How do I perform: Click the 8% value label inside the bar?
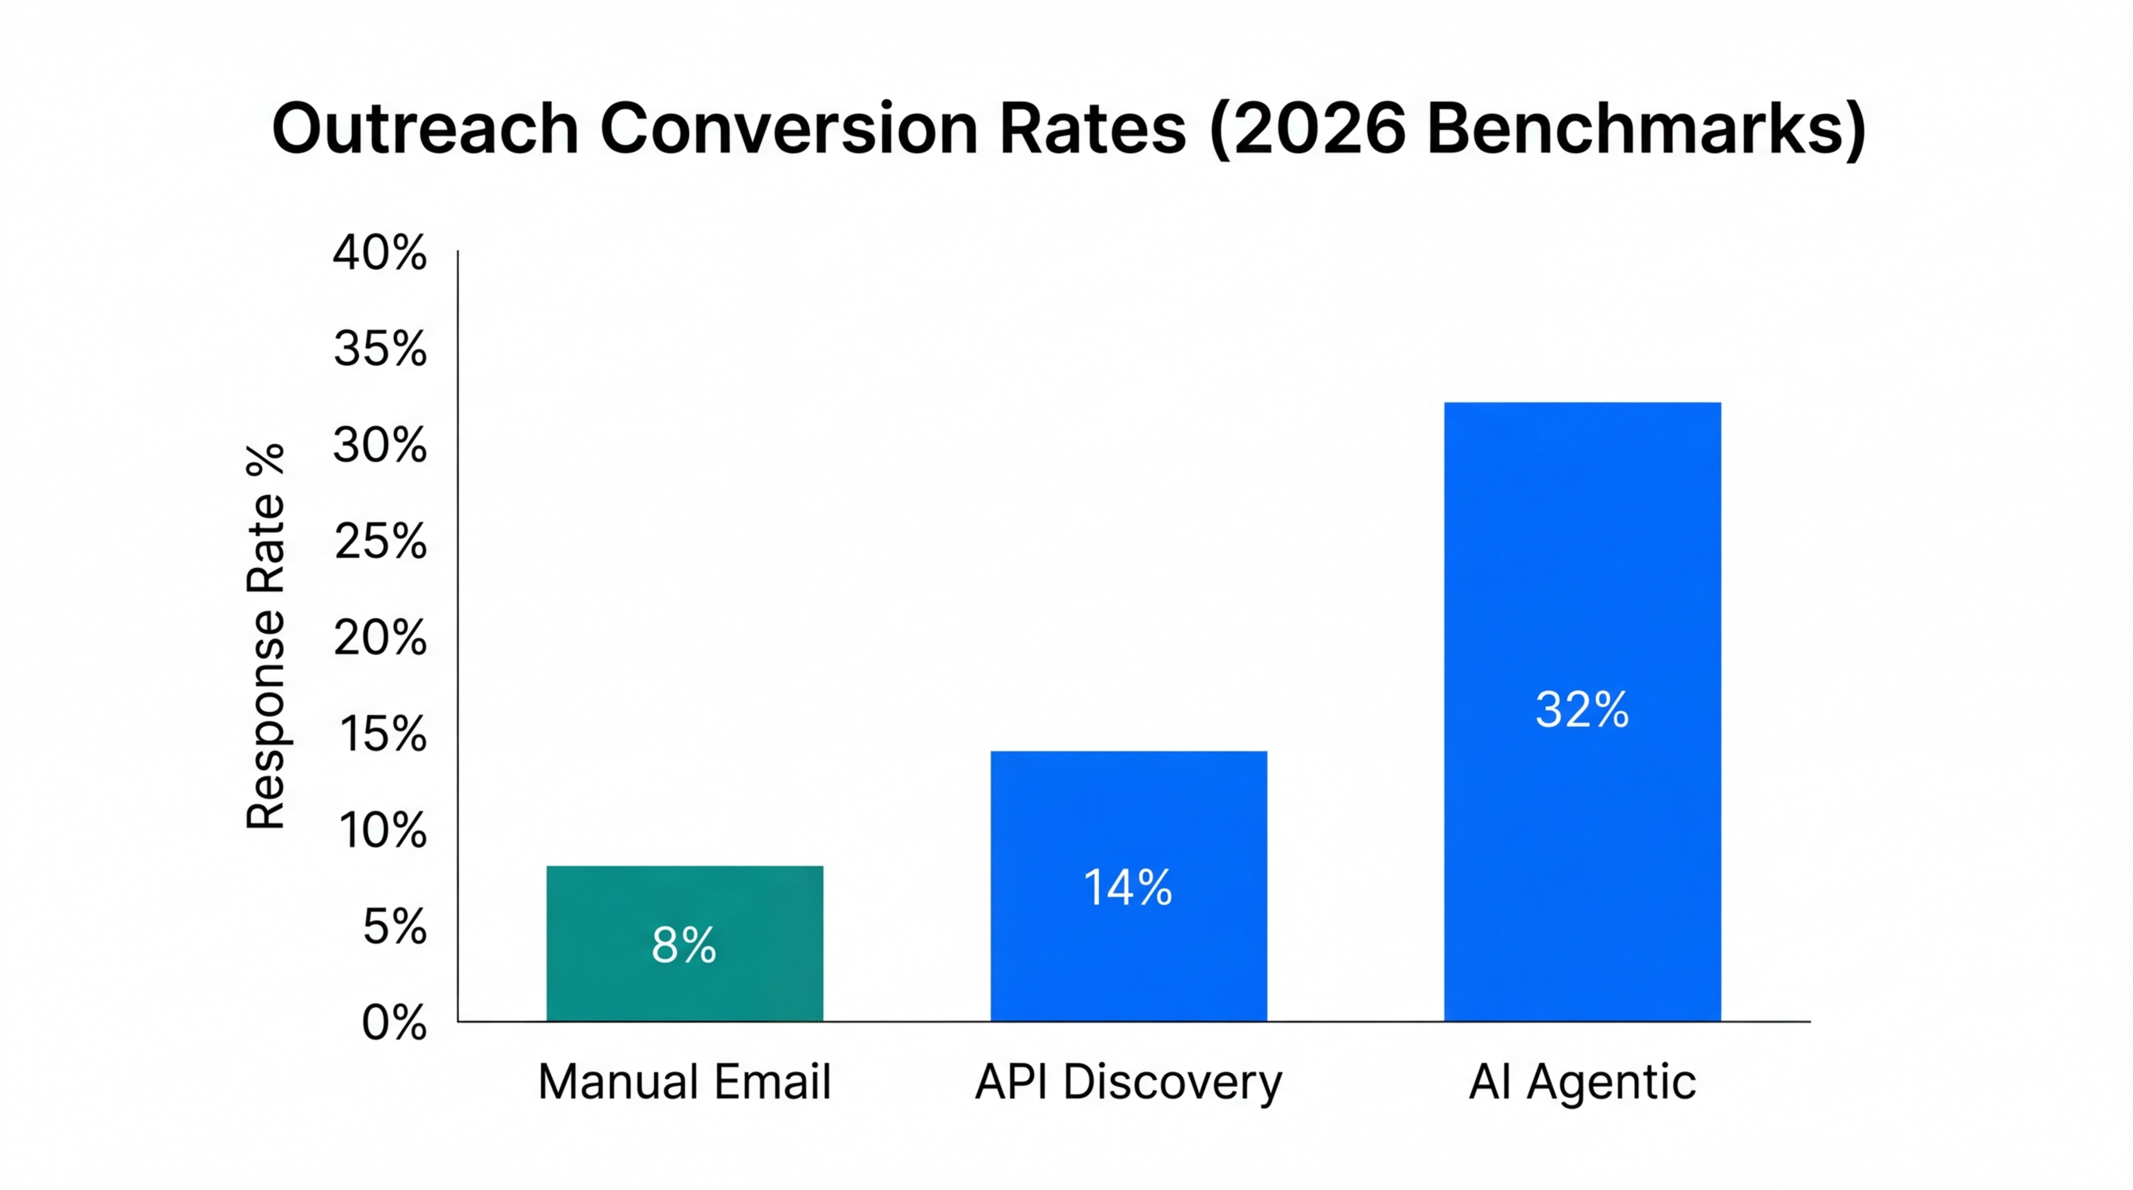pos(684,945)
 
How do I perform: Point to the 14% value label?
pos(1128,888)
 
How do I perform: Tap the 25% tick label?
pos(379,542)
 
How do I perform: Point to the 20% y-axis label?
pos(379,638)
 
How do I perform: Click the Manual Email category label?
pos(684,1082)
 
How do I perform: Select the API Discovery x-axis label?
pos(1129,1083)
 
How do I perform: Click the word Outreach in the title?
pos(425,129)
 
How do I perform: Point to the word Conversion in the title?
pos(788,129)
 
